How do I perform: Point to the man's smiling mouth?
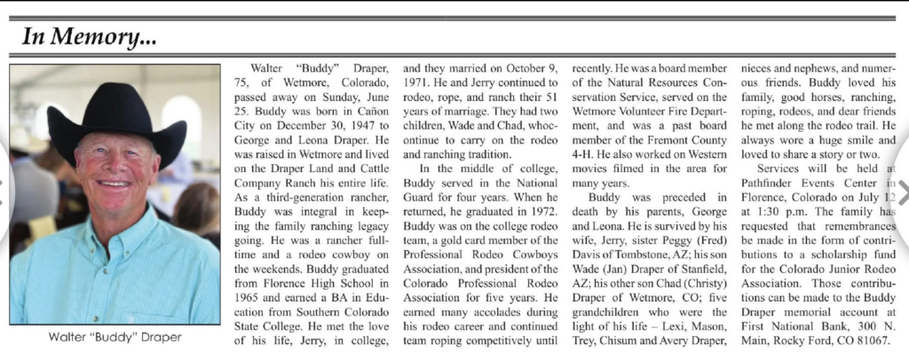pyautogui.click(x=114, y=184)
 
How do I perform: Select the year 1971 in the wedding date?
pyautogui.click(x=417, y=82)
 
